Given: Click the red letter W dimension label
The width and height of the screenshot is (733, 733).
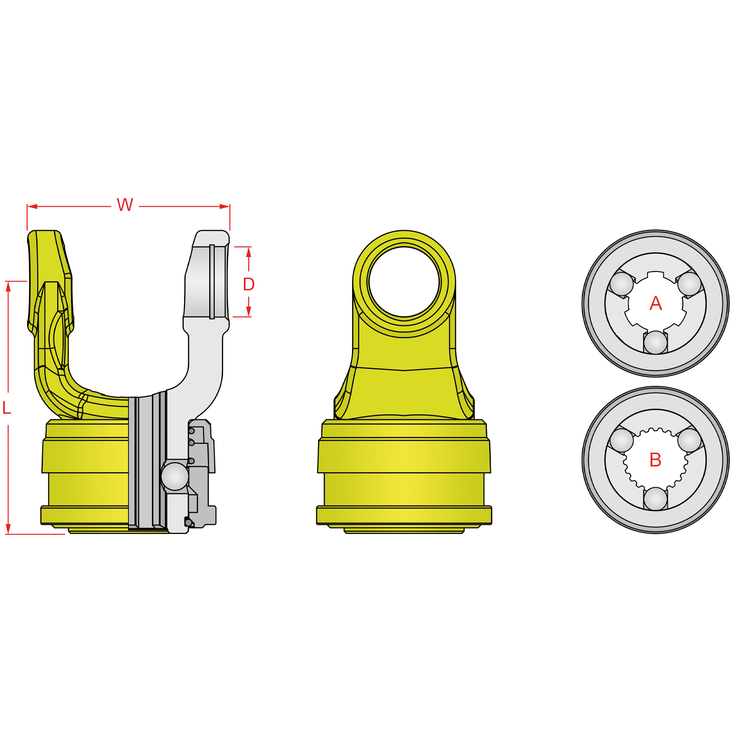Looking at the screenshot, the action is (x=125, y=205).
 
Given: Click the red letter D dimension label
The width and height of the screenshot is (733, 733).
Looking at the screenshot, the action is (x=249, y=284).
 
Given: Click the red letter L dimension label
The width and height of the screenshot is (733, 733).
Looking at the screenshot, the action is (x=6, y=408).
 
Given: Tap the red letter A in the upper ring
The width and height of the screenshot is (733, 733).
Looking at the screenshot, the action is (x=656, y=303).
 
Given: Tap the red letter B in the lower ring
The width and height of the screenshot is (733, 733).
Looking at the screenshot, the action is (x=655, y=460).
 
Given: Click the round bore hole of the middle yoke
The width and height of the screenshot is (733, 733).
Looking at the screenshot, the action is (x=404, y=282).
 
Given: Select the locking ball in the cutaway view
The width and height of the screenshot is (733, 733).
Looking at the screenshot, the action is (x=175, y=476).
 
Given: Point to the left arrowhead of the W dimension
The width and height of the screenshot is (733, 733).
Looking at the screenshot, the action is (x=32, y=206).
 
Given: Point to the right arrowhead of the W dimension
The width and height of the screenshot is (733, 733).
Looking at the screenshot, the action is (x=225, y=206).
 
